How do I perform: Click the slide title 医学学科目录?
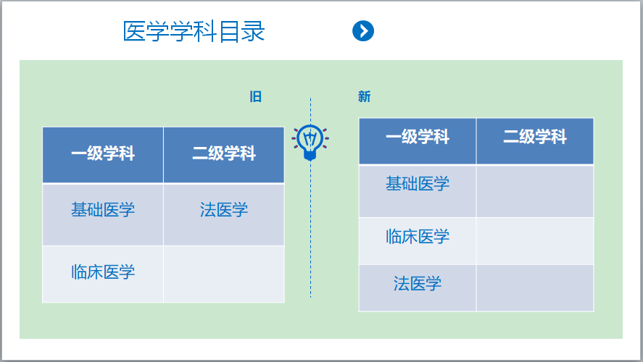point(194,31)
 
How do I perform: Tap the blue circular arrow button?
point(363,30)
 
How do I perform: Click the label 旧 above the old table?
point(255,96)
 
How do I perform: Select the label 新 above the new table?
point(364,96)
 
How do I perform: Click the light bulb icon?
point(310,142)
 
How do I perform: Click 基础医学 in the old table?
point(103,210)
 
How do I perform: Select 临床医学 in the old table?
point(103,272)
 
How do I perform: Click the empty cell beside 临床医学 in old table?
point(224,274)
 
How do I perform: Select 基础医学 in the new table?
point(418,183)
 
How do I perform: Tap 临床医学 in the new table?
point(418,237)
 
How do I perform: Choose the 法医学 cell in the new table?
point(418,288)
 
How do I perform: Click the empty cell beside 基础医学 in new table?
point(535,191)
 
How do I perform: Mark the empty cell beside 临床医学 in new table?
point(535,241)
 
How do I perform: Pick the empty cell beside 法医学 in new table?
point(535,288)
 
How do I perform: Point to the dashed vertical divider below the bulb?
point(310,230)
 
